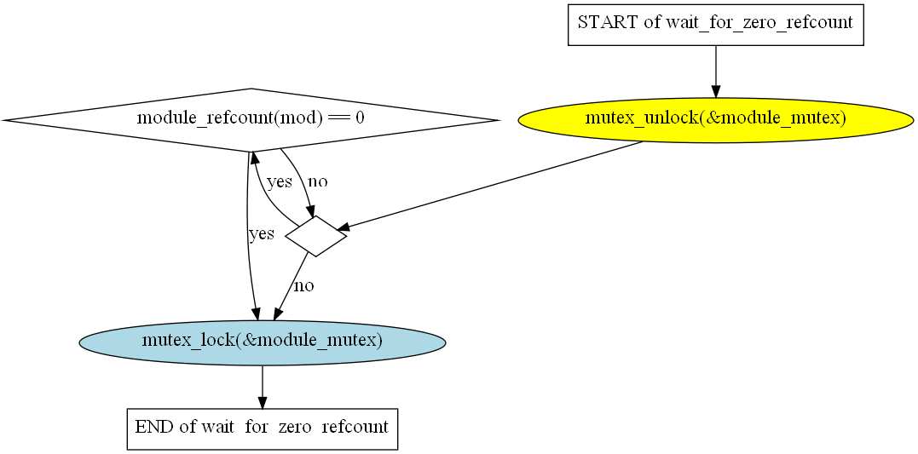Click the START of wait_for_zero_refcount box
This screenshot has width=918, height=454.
[716, 23]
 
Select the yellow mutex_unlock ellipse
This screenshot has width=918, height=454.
[715, 119]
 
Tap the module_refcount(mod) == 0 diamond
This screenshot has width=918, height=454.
[251, 119]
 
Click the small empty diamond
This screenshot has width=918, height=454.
[315, 236]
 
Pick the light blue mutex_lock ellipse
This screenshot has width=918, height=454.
[262, 342]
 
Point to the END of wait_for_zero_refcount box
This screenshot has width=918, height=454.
[262, 427]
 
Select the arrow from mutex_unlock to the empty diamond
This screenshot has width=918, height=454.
[494, 184]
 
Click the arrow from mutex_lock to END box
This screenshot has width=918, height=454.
[262, 385]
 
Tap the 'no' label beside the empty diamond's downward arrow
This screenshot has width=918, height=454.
[303, 286]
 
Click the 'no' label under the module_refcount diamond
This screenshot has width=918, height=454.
[317, 181]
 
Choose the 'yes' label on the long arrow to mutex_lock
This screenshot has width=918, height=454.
[261, 234]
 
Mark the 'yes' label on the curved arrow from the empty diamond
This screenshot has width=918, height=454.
[280, 181]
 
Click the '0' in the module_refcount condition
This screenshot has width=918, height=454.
[360, 119]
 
